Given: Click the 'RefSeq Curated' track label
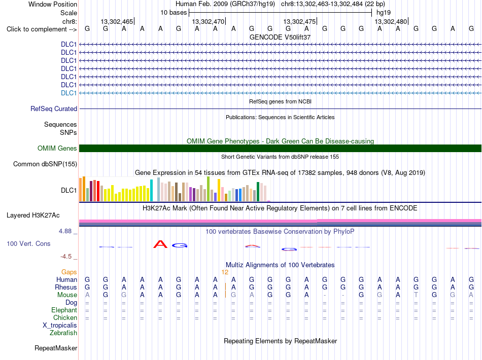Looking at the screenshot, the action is (x=54, y=109).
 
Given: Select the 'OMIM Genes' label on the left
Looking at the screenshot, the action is (x=57, y=149).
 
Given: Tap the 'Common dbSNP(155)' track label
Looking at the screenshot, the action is (x=45, y=164).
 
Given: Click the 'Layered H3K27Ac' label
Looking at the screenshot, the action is (x=33, y=215).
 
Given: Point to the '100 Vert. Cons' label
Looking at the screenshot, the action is (x=28, y=243).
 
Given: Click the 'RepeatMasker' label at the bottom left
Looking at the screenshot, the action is (x=56, y=348).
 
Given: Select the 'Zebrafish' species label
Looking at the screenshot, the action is (x=63, y=333).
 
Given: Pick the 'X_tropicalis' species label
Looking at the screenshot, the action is (x=60, y=326).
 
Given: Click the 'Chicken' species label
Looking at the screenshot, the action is (x=65, y=317).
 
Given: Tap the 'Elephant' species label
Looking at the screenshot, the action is (x=64, y=310).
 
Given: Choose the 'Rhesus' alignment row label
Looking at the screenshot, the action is (x=66, y=287).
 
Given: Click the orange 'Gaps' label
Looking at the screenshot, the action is (x=69, y=272).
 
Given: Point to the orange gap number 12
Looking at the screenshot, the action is (x=225, y=272).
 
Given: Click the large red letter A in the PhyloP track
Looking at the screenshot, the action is (x=160, y=244).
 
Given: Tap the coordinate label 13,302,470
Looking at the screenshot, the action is (x=208, y=21).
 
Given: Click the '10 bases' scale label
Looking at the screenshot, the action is (x=174, y=13).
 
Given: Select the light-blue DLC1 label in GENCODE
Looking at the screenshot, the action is (x=68, y=93).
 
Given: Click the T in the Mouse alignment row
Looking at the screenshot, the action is (x=416, y=295).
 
